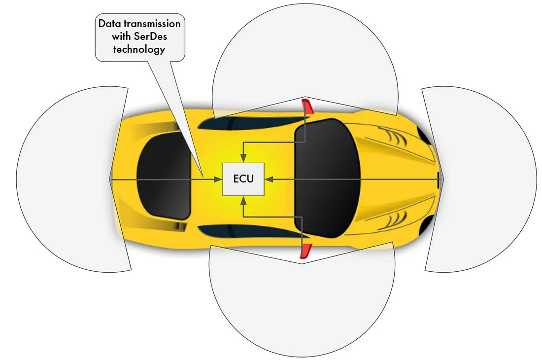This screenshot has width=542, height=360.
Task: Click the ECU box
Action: pos(243,179)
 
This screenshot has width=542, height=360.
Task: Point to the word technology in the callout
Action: pos(139,49)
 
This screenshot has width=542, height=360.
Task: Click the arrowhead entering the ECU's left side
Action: pos(218,179)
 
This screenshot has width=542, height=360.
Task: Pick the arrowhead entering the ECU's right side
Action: pos(269,179)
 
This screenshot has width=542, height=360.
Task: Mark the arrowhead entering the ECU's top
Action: pos(243,158)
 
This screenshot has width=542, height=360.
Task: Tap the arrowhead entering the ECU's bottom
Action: pos(244,201)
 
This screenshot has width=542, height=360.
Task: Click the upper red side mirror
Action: pos(307,106)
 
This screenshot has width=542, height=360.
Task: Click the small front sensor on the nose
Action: pos(440,179)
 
